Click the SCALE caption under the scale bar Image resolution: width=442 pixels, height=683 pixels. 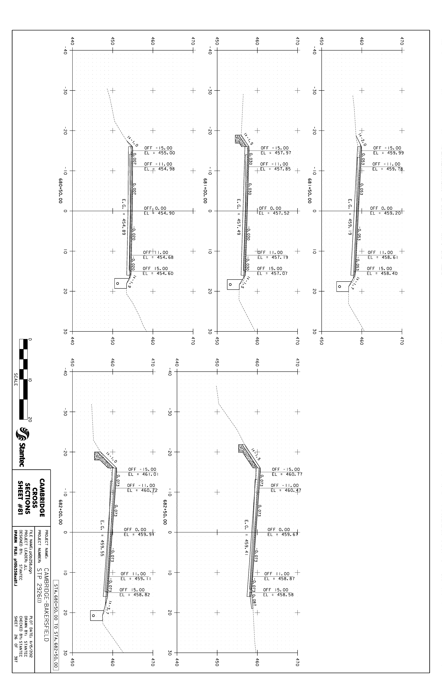[x=16, y=379]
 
